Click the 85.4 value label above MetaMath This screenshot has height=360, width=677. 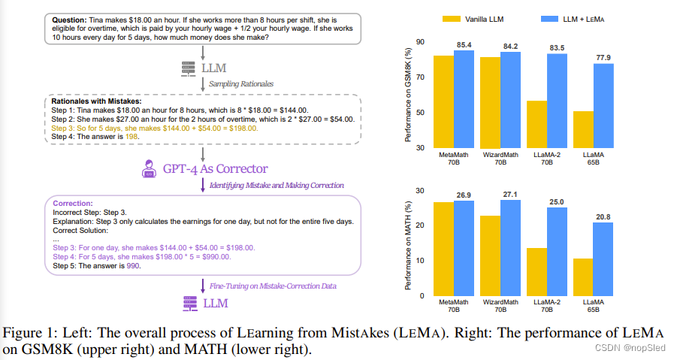(x=464, y=44)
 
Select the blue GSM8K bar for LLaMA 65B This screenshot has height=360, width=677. (x=603, y=105)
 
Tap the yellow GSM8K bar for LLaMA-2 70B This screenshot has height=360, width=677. (x=536, y=124)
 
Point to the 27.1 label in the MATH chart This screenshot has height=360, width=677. (x=511, y=193)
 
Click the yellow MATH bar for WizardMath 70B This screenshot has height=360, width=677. (x=489, y=256)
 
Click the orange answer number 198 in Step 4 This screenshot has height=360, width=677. (x=133, y=137)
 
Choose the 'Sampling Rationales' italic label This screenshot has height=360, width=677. (x=241, y=83)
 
